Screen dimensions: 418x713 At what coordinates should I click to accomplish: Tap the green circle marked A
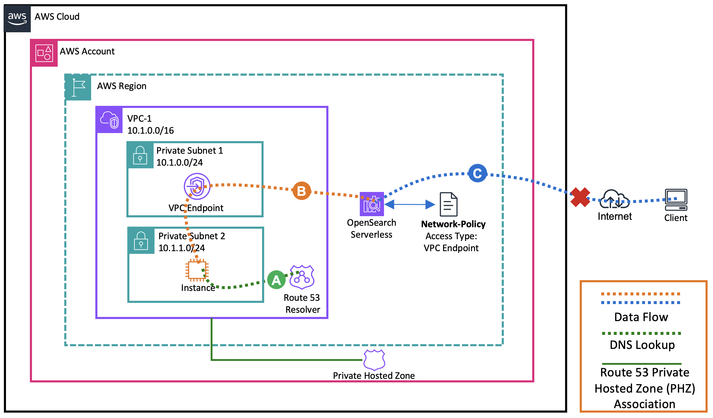coord(276,280)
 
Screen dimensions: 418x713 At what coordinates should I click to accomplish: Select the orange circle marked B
coord(302,191)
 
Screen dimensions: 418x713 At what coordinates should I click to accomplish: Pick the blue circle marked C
coord(477,173)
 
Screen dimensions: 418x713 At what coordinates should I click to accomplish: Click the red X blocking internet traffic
coord(580,197)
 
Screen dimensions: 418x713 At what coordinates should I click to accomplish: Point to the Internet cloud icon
coord(614,199)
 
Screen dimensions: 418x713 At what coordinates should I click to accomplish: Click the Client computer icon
coord(676,200)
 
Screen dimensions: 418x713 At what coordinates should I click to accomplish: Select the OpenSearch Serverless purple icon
coord(371,204)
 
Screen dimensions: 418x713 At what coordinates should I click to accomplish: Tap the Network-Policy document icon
coord(448,205)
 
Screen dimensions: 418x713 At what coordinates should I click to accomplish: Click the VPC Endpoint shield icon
coord(197,186)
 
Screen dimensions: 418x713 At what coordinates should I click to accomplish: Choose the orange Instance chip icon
coord(197,270)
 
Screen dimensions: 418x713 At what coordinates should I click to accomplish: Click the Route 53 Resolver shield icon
coord(302,277)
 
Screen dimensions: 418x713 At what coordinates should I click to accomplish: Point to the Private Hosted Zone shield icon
coord(374,360)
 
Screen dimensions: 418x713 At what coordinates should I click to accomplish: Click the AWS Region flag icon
coord(78,87)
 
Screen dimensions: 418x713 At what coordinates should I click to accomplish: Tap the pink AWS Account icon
coord(44,53)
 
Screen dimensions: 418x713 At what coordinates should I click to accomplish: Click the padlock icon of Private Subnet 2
coord(141,241)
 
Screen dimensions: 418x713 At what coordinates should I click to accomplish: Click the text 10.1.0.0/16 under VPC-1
coord(150,130)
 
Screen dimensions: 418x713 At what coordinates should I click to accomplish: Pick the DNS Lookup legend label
coord(642,345)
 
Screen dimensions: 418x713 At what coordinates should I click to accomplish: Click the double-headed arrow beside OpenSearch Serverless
coord(410,205)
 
